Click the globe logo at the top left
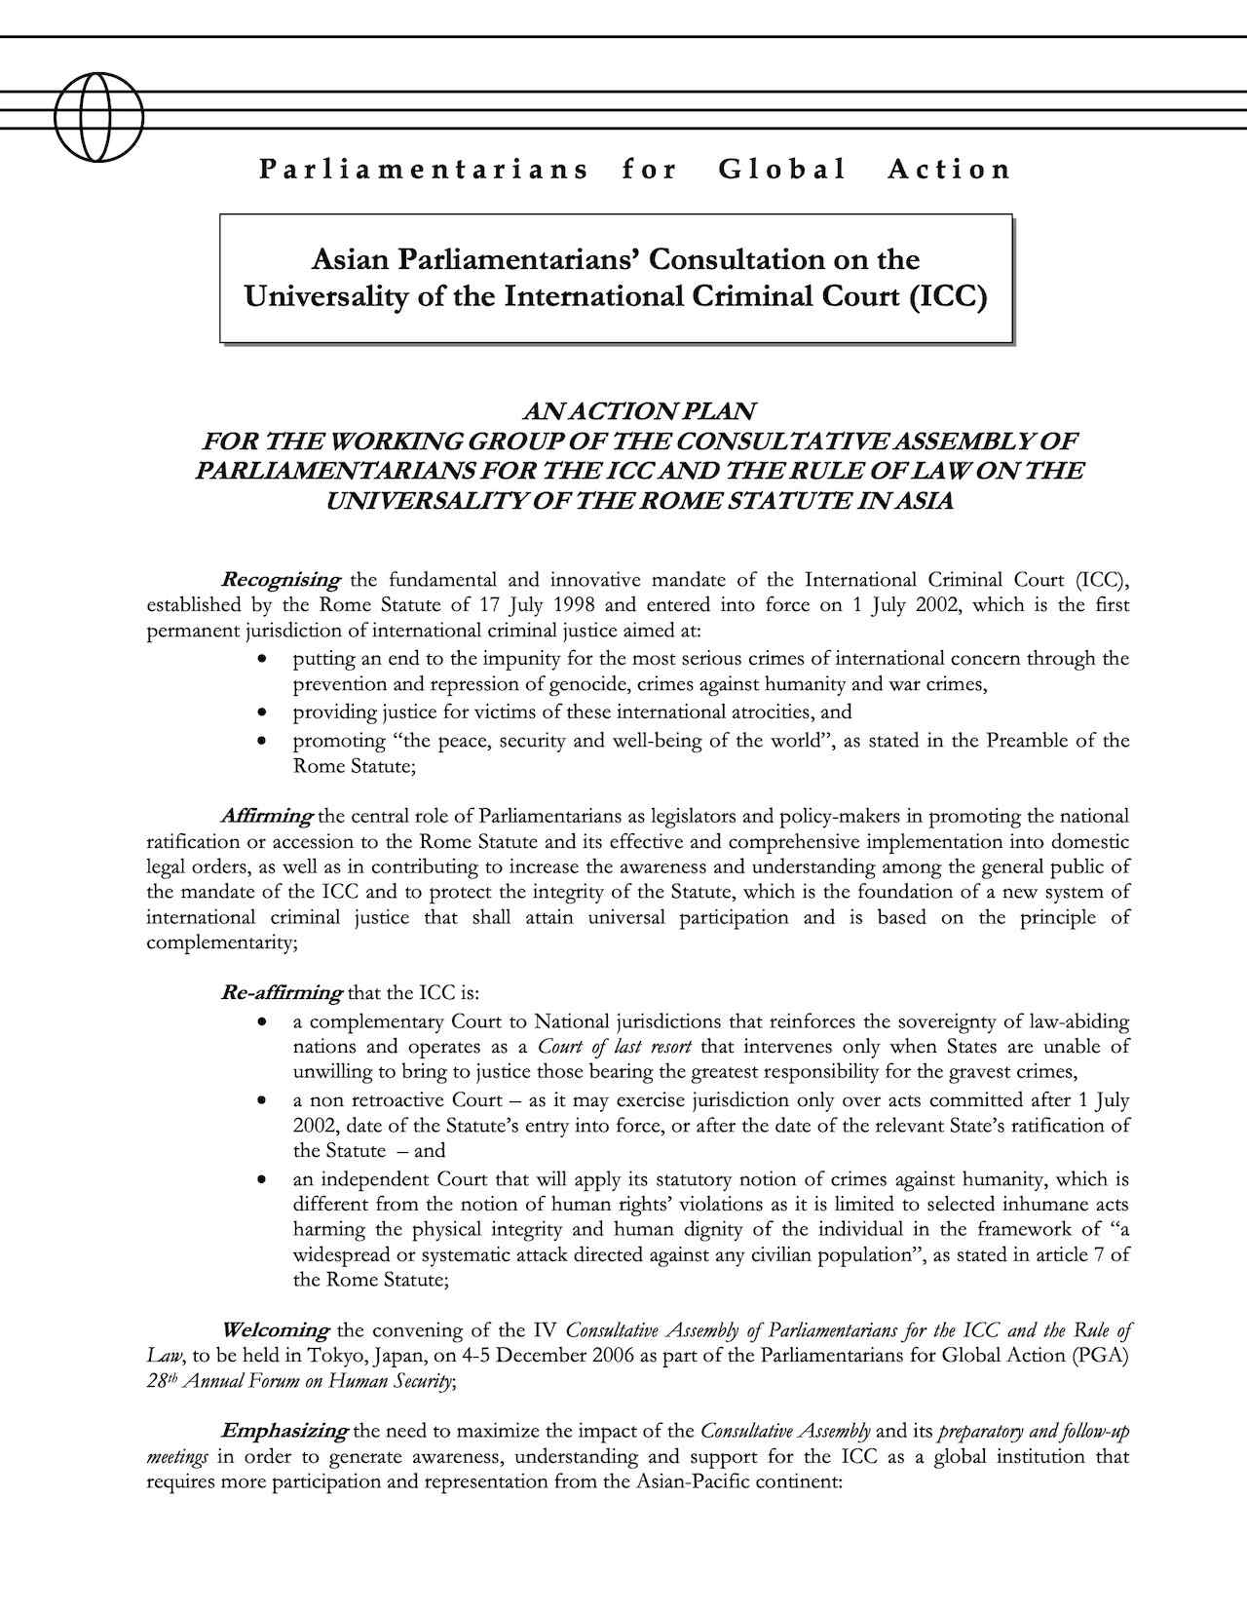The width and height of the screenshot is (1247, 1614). pyautogui.click(x=98, y=117)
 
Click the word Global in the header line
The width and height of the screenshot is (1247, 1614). pyautogui.click(x=782, y=170)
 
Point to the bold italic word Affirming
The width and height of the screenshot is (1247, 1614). pyautogui.click(x=267, y=816)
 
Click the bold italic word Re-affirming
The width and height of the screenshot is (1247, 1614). pyautogui.click(x=282, y=994)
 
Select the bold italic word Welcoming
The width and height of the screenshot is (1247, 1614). pyautogui.click(x=276, y=1330)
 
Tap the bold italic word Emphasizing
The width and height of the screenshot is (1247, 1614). pyautogui.click(x=284, y=1432)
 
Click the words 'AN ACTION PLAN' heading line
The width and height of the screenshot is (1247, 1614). pyautogui.click(x=639, y=411)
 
